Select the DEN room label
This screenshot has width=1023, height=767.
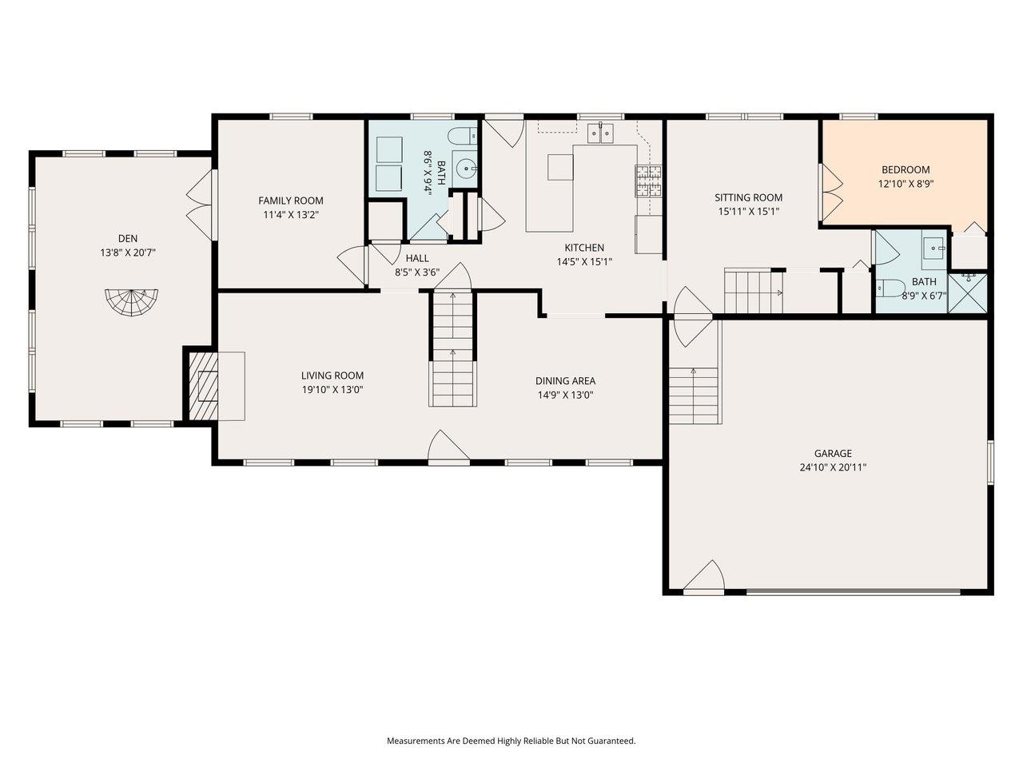tap(128, 238)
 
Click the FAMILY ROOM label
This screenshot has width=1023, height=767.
tap(290, 201)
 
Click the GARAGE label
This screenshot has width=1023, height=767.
tap(833, 453)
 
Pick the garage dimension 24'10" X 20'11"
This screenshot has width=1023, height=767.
tap(833, 467)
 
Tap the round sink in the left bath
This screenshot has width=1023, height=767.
tap(466, 169)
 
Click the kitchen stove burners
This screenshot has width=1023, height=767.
tap(648, 181)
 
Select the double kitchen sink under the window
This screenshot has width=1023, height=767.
tap(600, 133)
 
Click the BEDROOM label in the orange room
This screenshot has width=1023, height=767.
tap(906, 169)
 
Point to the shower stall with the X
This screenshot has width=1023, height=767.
tap(967, 292)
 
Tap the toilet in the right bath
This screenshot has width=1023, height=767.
tap(889, 287)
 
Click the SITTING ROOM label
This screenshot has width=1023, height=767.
tap(748, 197)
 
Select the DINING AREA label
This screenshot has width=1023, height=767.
tap(565, 381)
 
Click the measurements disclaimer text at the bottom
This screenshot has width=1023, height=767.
tap(511, 741)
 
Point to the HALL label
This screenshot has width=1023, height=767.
tap(416, 258)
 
